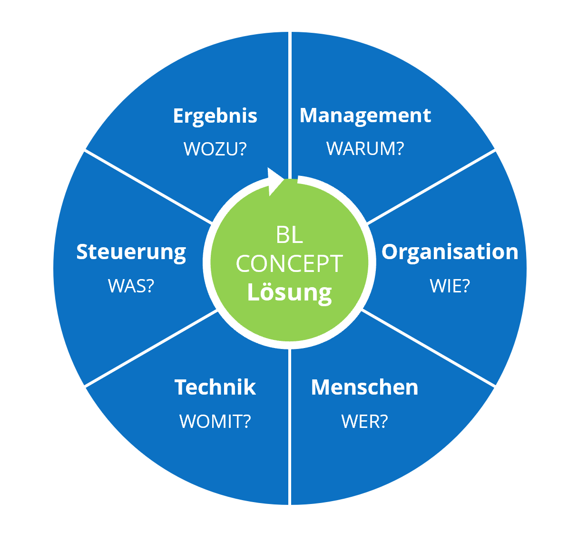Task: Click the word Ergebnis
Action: click(215, 116)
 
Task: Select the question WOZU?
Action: click(215, 149)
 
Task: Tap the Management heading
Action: click(365, 116)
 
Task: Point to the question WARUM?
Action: click(365, 149)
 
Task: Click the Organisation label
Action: click(450, 252)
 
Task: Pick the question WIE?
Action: click(450, 286)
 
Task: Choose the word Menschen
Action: click(364, 387)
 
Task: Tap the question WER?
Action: click(364, 421)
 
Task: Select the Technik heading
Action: click(215, 387)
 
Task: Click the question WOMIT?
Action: click(215, 421)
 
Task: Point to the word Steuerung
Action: click(131, 252)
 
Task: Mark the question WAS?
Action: click(131, 286)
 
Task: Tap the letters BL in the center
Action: click(289, 235)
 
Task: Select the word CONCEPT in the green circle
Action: click(289, 264)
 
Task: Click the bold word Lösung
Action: click(289, 292)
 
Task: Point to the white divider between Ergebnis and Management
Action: click(290, 95)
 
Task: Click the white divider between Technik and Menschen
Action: click(290, 428)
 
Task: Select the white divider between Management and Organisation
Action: click(431, 187)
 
